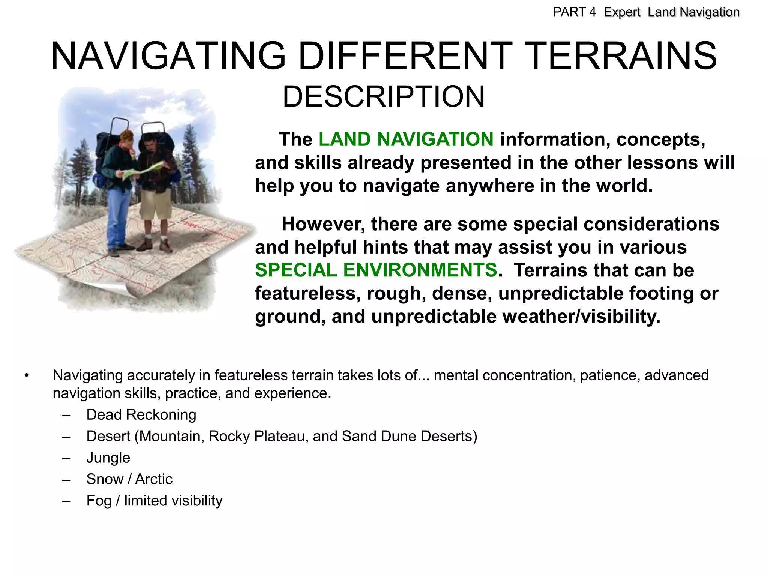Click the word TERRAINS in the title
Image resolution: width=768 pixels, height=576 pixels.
622,56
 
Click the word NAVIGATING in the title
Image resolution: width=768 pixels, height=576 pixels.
169,56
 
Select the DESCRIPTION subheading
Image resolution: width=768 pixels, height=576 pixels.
383,97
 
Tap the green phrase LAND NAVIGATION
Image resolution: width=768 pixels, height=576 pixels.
406,139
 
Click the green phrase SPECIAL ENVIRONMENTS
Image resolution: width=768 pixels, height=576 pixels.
376,270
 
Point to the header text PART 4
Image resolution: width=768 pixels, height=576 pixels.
574,12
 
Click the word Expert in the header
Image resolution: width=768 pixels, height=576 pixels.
622,12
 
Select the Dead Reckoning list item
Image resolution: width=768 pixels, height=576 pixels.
141,415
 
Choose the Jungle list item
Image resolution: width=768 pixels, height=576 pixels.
108,458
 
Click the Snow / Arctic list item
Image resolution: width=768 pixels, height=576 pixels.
129,479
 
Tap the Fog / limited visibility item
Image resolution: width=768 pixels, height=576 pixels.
154,501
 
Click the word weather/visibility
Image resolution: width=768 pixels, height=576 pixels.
581,316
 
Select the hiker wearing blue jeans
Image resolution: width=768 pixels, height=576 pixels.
118,191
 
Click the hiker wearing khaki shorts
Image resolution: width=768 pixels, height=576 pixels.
156,191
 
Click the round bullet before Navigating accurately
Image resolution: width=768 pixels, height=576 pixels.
26,375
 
